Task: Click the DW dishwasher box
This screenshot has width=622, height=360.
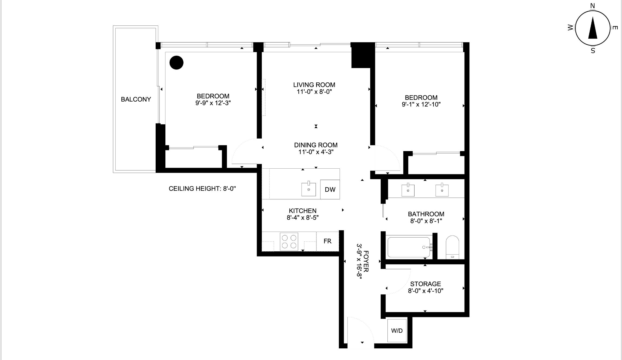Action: pyautogui.click(x=330, y=189)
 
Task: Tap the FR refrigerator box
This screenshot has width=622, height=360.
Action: pyautogui.click(x=327, y=241)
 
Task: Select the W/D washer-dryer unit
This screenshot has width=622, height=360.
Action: pyautogui.click(x=397, y=331)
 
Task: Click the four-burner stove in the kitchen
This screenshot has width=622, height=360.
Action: pyautogui.click(x=289, y=241)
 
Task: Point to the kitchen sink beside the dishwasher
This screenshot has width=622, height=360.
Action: pyautogui.click(x=309, y=189)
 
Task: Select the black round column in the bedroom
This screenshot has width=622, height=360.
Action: pyautogui.click(x=176, y=63)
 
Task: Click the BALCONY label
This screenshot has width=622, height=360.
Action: pyautogui.click(x=136, y=99)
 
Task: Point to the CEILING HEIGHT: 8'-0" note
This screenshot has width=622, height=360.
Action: pyautogui.click(x=202, y=189)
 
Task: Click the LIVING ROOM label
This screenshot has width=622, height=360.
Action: pyautogui.click(x=314, y=85)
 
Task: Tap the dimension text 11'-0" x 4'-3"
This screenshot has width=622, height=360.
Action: pyautogui.click(x=316, y=152)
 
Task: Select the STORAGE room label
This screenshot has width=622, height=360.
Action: pyautogui.click(x=426, y=284)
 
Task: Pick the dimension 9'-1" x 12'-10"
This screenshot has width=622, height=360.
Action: pyautogui.click(x=421, y=104)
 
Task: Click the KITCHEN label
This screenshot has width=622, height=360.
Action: pyautogui.click(x=303, y=211)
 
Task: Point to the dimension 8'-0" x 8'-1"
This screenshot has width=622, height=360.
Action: pyautogui.click(x=426, y=221)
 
